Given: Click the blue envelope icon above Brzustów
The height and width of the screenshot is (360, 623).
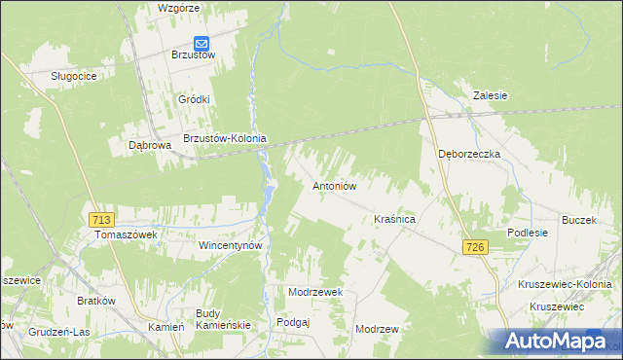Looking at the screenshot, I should click(202, 43).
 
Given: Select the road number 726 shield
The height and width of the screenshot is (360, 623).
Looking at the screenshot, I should click(474, 248).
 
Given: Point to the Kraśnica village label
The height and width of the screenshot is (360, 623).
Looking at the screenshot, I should click(395, 221).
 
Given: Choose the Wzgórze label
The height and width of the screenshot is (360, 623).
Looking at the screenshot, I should click(178, 8).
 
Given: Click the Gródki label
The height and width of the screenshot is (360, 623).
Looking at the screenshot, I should click(195, 99).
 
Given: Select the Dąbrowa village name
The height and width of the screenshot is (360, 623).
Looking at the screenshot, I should click(150, 145).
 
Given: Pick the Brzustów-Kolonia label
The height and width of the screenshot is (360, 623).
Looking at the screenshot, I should click(225, 138).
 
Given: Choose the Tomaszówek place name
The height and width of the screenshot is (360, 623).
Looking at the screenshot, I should click(125, 235).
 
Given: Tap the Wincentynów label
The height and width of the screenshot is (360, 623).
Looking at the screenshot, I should click(232, 246).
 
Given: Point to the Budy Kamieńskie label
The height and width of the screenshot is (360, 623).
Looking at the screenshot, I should click(223, 318).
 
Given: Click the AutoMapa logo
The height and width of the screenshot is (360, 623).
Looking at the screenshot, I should click(560, 342).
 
